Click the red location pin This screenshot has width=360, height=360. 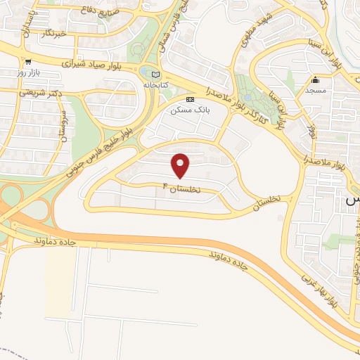pos(181,165)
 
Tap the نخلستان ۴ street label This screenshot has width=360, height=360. pos(182,189)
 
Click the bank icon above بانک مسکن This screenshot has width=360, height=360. pos(190,100)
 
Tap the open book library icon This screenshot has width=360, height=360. pos(156,74)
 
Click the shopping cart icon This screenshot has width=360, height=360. pos(27,62)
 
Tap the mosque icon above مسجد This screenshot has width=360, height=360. pos(316,79)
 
